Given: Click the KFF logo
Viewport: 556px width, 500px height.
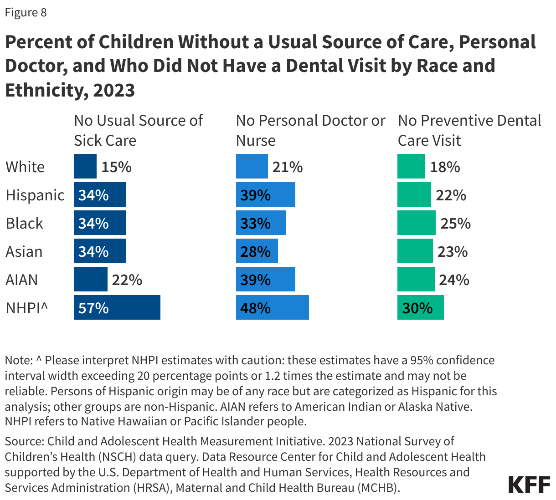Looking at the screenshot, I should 529,485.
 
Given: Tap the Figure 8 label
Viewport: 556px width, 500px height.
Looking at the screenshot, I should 26,12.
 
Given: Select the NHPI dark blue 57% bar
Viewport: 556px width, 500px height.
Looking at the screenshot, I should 117,307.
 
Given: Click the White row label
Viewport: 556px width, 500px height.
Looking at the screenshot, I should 25,167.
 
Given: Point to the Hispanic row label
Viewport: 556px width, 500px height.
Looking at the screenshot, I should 35,195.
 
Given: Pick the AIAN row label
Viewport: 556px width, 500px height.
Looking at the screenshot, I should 21,280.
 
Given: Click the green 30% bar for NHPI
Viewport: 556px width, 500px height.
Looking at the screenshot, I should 420,307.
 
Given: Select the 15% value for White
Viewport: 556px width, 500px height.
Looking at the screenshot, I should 116,167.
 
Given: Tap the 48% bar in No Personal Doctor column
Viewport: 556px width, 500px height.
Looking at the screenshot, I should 272,307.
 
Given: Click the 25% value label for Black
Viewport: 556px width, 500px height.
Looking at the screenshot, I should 455,223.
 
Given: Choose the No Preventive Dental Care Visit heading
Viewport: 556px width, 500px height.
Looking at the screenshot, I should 469,130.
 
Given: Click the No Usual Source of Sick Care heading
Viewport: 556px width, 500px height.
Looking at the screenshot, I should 138,130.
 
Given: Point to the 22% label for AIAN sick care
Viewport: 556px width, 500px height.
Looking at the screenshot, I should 127,280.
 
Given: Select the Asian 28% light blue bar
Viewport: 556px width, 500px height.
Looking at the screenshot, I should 257,251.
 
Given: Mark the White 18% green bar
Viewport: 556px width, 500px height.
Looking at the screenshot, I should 411,166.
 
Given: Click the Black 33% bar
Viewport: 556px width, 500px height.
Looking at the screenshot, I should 261,223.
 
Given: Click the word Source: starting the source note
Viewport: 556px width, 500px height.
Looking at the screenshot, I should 24,441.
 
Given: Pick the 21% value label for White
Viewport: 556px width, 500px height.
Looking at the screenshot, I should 288,167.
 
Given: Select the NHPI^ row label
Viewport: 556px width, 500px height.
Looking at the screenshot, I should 27,308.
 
